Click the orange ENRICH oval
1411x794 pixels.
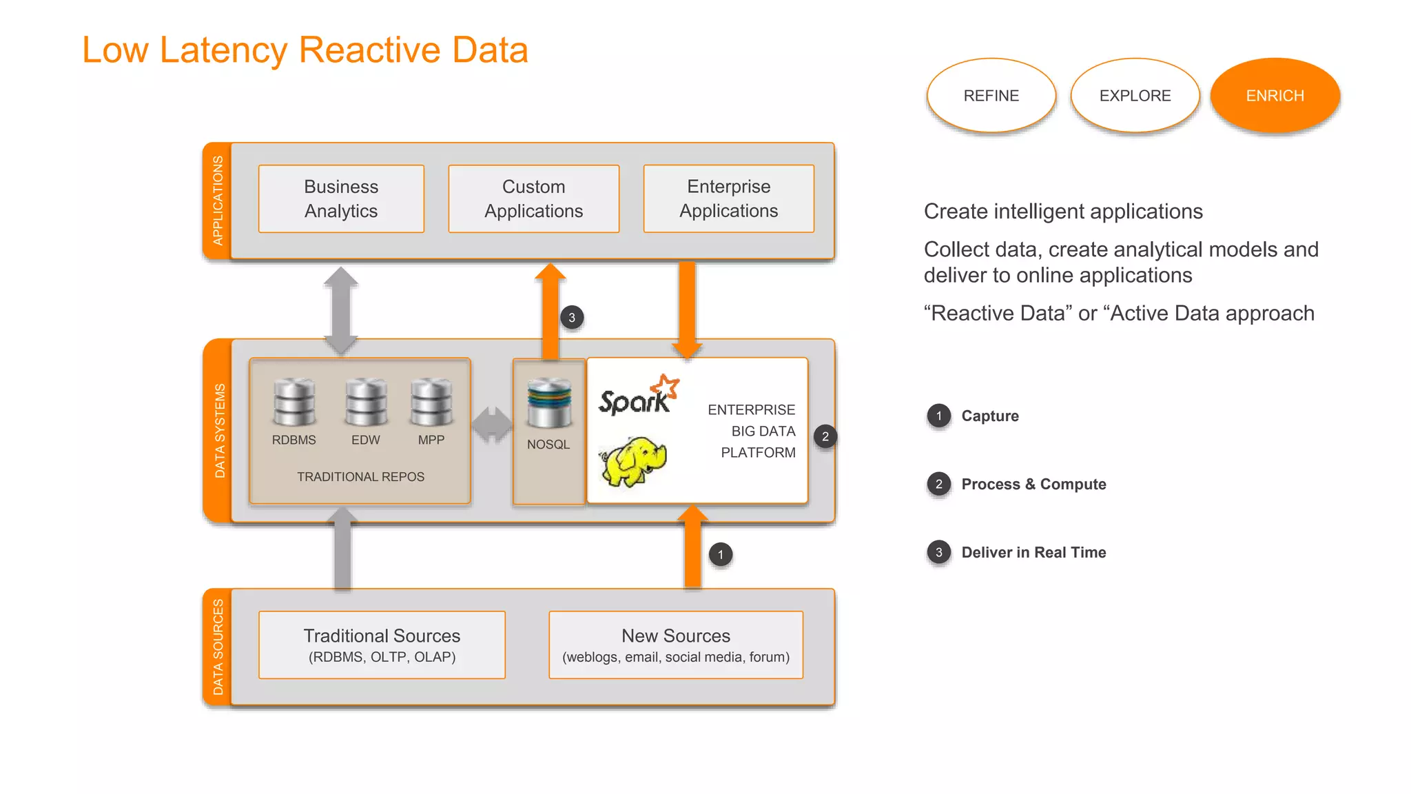pyautogui.click(x=1275, y=95)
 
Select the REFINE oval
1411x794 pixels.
pyautogui.click(x=991, y=95)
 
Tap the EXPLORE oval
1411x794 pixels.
pyautogui.click(x=1135, y=95)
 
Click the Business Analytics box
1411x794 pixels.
pyautogui.click(x=341, y=198)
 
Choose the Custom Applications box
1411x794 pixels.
pyautogui.click(x=533, y=198)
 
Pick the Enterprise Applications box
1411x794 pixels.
pyautogui.click(x=728, y=198)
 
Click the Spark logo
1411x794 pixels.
pyautogui.click(x=638, y=396)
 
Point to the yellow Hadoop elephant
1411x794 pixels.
pyautogui.click(x=633, y=460)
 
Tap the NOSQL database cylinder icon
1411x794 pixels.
pyautogui.click(x=549, y=403)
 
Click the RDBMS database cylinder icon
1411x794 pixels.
pyautogui.click(x=294, y=402)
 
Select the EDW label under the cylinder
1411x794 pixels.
pyautogui.click(x=365, y=440)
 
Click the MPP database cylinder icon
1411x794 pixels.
pyautogui.click(x=431, y=402)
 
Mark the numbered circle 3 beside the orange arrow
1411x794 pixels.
pyautogui.click(x=571, y=318)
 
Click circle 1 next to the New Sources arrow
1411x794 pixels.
pyautogui.click(x=721, y=554)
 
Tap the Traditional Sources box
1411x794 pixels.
pyautogui.click(x=382, y=644)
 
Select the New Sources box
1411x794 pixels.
pyautogui.click(x=675, y=644)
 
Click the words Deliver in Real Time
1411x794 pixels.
pyautogui.click(x=1033, y=552)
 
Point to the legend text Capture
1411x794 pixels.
pyautogui.click(x=989, y=416)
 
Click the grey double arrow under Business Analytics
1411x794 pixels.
pyautogui.click(x=341, y=309)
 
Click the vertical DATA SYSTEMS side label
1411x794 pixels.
pyautogui.click(x=219, y=431)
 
